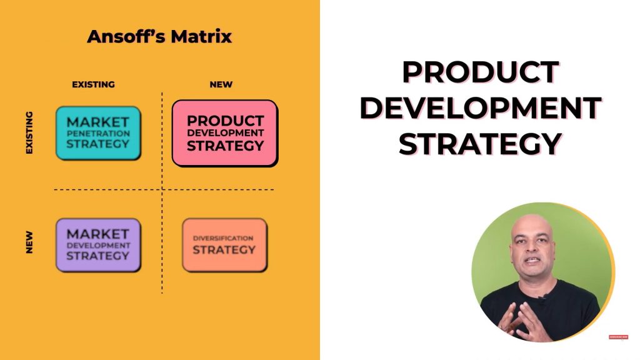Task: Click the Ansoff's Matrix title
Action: point(159,36)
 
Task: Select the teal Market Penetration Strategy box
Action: point(98,133)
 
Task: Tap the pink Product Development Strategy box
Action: point(225,133)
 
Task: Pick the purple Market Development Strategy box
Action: point(98,245)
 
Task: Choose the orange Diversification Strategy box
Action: point(225,245)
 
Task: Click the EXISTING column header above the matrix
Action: point(94,84)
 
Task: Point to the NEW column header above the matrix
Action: point(221,84)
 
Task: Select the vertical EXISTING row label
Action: point(29,132)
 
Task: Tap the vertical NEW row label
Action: point(29,242)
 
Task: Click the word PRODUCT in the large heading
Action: point(481,72)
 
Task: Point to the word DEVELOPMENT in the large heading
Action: point(481,107)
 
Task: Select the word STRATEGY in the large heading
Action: point(481,144)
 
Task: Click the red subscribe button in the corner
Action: point(618,337)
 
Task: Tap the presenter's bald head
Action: point(532,229)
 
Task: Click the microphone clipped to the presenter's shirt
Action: point(542,297)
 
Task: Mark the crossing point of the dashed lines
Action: point(162,189)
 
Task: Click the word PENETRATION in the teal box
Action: point(98,134)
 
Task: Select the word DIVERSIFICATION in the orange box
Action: point(223,238)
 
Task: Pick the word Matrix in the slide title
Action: point(201,36)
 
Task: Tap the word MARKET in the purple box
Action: point(98,234)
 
